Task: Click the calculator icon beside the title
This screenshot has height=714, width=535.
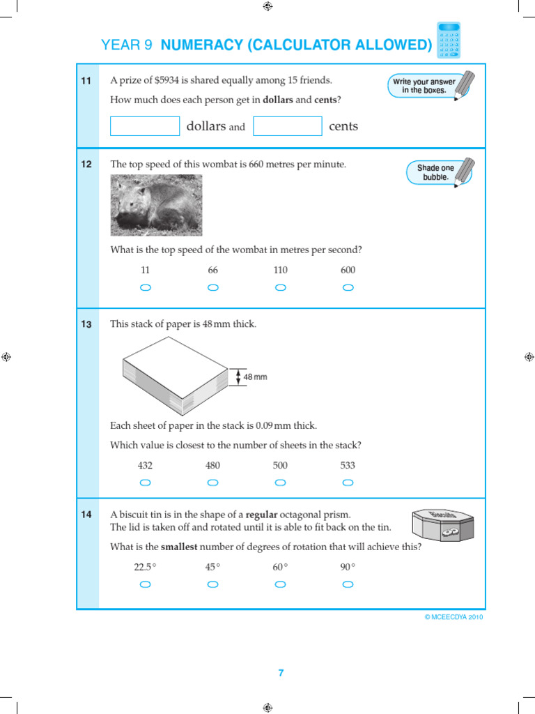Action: (x=449, y=40)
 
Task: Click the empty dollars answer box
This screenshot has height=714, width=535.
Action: (x=145, y=126)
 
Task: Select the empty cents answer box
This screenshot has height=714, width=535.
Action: (x=288, y=126)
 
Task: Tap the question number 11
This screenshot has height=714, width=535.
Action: (x=86, y=81)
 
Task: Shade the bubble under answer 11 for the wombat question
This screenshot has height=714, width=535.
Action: (x=145, y=287)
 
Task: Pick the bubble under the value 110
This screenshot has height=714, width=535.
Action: (x=280, y=287)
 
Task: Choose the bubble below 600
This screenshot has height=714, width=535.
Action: (x=348, y=287)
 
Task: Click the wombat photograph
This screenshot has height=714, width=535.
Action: (x=156, y=205)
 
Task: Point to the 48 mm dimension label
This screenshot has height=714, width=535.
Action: (x=255, y=377)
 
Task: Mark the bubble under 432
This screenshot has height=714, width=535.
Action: (x=145, y=483)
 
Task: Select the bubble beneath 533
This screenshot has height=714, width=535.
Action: (x=348, y=483)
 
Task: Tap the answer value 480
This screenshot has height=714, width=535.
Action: (x=212, y=465)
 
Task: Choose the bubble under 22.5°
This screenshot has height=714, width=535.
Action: (x=145, y=584)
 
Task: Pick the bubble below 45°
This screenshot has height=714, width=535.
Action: (x=212, y=584)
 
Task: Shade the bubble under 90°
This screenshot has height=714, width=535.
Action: (x=348, y=584)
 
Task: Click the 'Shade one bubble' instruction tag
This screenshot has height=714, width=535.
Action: (x=436, y=172)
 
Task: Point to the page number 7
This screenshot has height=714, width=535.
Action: (x=281, y=673)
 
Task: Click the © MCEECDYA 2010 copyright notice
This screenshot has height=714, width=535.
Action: (x=453, y=617)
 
